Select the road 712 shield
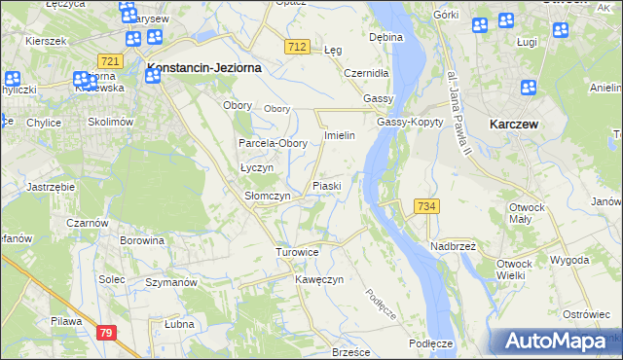pos(299,47)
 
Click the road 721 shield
pos(110,61)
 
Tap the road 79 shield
pos(108,333)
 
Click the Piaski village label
pos(326,185)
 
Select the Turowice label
pos(297,252)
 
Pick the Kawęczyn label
pos(320,279)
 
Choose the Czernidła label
pos(367,73)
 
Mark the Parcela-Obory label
pos(274,143)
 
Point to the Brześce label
pos(353,351)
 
